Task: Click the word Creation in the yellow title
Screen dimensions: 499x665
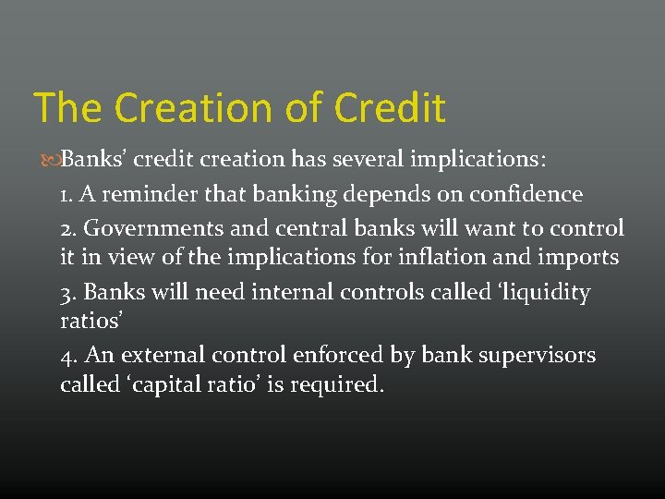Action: click(x=183, y=107)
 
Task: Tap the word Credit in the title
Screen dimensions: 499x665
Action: click(x=390, y=107)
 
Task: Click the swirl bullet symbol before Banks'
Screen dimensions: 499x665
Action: click(x=51, y=159)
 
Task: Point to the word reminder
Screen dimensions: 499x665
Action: click(x=134, y=194)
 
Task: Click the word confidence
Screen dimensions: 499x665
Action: click(x=526, y=194)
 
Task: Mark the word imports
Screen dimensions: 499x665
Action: click(x=577, y=258)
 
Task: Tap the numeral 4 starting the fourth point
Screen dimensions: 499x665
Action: click(x=66, y=355)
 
